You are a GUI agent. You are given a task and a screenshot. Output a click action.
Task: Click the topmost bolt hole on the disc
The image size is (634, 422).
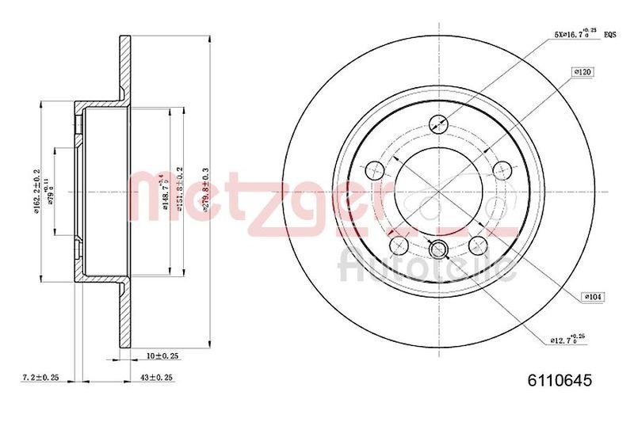[437, 124]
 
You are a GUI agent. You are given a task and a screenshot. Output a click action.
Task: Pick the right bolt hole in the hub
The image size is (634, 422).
[501, 169]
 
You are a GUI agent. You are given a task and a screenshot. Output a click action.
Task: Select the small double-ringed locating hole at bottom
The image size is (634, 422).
[437, 250]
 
